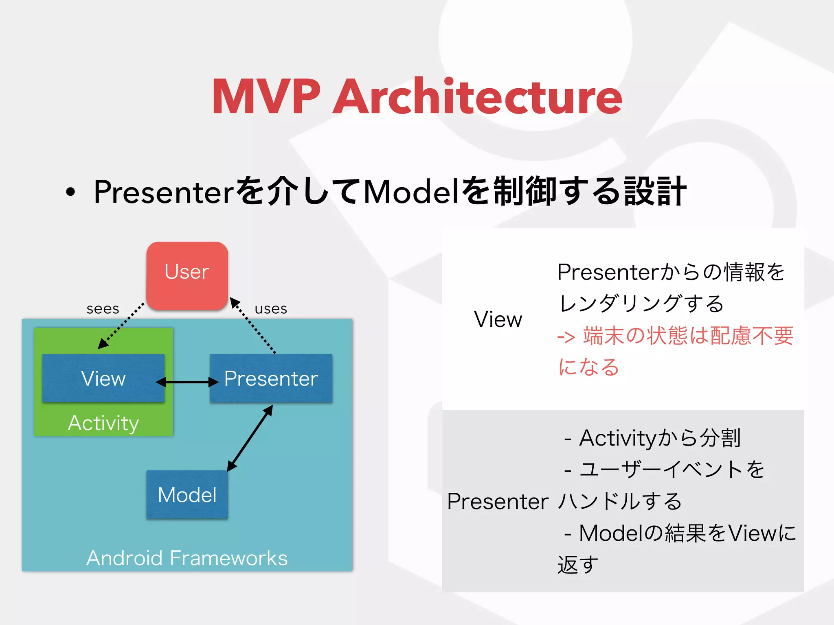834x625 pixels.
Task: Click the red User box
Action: click(x=187, y=275)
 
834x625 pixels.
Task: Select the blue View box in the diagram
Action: click(x=103, y=378)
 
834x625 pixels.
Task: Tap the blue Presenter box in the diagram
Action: click(x=271, y=378)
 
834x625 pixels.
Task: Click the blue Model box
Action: click(x=187, y=494)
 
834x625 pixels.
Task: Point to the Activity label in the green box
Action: click(x=103, y=423)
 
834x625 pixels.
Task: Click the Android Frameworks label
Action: click(x=187, y=558)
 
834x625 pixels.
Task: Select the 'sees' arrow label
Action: click(x=103, y=309)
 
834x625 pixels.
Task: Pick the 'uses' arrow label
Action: click(x=271, y=309)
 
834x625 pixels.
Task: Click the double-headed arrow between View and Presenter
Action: click(x=187, y=382)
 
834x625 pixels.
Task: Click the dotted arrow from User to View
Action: click(x=121, y=326)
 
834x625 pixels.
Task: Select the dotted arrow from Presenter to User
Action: click(x=253, y=326)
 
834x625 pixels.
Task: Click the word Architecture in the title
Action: click(x=477, y=97)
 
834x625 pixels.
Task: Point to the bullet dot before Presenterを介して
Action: click(x=71, y=192)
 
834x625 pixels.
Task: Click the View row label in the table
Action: click(x=498, y=319)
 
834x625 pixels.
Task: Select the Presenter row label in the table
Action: click(x=498, y=501)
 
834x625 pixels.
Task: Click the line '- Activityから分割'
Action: click(x=652, y=438)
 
